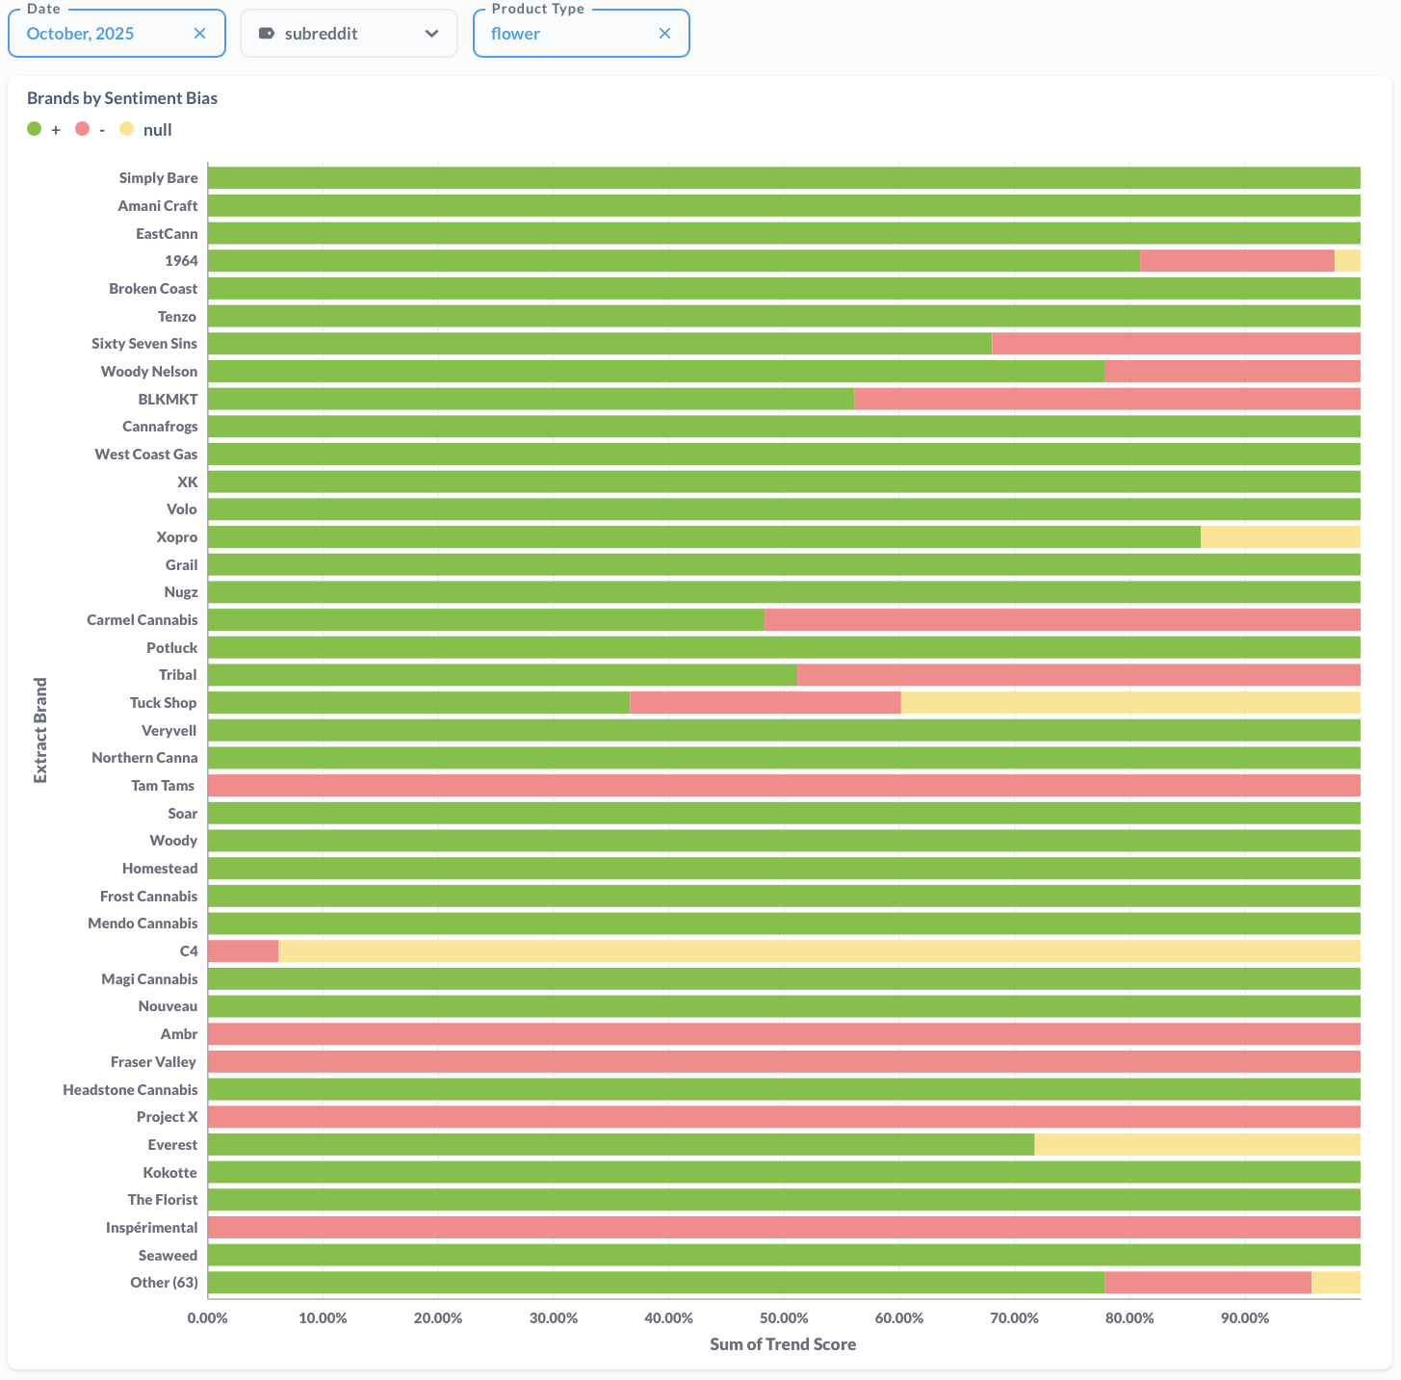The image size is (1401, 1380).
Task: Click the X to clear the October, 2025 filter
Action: pos(199,34)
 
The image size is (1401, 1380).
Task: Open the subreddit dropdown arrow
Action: pos(431,34)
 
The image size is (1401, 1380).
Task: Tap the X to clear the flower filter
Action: pos(664,34)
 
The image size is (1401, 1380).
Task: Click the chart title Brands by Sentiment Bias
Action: pos(122,98)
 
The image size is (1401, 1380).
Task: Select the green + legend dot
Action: pos(35,129)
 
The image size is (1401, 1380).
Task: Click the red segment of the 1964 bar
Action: pos(1236,261)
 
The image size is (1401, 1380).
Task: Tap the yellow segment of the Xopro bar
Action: pos(1280,537)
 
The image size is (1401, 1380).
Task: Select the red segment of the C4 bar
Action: pos(243,951)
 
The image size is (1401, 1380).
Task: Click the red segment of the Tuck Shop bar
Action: pos(765,703)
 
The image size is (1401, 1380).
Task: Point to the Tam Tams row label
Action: pos(163,786)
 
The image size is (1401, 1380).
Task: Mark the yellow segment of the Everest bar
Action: pos(1196,1145)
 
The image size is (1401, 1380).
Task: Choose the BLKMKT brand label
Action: pos(168,399)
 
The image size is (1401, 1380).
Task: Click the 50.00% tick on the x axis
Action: pos(784,1317)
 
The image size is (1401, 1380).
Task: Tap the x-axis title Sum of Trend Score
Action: pos(783,1344)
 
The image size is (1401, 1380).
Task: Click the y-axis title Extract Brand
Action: pos(40,730)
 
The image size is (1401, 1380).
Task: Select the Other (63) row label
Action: pos(164,1283)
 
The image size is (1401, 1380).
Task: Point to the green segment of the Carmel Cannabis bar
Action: pos(485,620)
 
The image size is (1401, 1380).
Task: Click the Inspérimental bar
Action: pos(784,1228)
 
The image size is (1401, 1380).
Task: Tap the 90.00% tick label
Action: pos(1245,1317)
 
